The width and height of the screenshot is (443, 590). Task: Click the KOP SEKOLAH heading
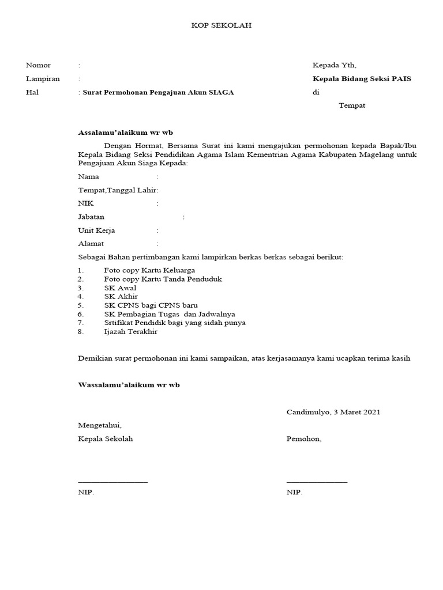(x=221, y=25)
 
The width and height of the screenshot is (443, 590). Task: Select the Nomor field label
(x=38, y=65)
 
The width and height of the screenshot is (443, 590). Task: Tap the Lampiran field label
(x=43, y=79)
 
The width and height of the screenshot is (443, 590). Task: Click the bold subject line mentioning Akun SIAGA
(x=159, y=92)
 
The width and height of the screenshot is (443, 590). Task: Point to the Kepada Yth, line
(x=338, y=65)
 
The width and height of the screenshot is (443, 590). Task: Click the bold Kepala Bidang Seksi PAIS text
(x=362, y=79)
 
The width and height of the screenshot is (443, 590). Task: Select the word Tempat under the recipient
(x=351, y=105)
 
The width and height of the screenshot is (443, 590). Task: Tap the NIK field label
(x=85, y=203)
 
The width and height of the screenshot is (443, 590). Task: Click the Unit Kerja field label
(x=96, y=230)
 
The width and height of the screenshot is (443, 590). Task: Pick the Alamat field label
(x=91, y=244)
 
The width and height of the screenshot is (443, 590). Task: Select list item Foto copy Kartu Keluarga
(x=149, y=270)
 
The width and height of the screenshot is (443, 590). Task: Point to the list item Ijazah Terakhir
(x=130, y=332)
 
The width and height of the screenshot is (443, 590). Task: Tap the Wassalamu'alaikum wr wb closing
(x=129, y=385)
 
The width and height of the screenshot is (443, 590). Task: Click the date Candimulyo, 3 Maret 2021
(x=333, y=412)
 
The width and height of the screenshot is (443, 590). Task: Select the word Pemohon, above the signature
(x=304, y=439)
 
